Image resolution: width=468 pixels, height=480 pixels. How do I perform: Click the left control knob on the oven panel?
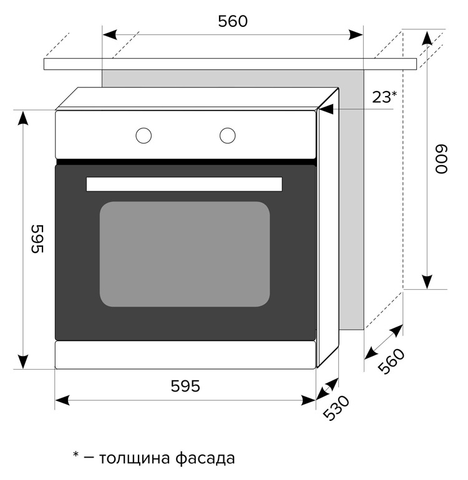click(144, 135)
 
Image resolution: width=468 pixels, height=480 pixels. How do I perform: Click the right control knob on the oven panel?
click(227, 135)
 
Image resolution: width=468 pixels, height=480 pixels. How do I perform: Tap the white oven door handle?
click(184, 184)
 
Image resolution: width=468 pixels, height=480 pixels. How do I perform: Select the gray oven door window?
click(185, 254)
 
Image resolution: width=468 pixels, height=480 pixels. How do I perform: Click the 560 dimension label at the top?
click(233, 21)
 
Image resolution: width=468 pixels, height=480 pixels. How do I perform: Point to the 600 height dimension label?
click(442, 159)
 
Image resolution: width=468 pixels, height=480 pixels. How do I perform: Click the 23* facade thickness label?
click(384, 97)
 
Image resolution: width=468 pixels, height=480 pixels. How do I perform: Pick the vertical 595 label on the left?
click(37, 239)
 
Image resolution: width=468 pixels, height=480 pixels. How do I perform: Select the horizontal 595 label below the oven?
click(185, 386)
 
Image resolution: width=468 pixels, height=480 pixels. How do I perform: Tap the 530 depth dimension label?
click(336, 408)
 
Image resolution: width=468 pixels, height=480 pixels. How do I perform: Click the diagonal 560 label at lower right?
click(391, 361)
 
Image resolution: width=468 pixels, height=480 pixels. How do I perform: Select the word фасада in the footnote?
click(205, 459)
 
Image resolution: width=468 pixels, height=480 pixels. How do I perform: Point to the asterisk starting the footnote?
click(76, 454)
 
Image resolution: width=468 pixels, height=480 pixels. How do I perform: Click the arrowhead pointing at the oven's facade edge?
click(326, 109)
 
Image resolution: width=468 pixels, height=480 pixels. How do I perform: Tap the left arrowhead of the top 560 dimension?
click(110, 34)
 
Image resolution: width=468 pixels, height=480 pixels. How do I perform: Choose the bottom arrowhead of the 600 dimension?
click(427, 282)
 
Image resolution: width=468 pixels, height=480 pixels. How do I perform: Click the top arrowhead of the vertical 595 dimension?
click(23, 118)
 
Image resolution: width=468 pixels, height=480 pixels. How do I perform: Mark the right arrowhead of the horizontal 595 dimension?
click(308, 400)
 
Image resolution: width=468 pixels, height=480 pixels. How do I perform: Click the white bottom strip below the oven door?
click(185, 355)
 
